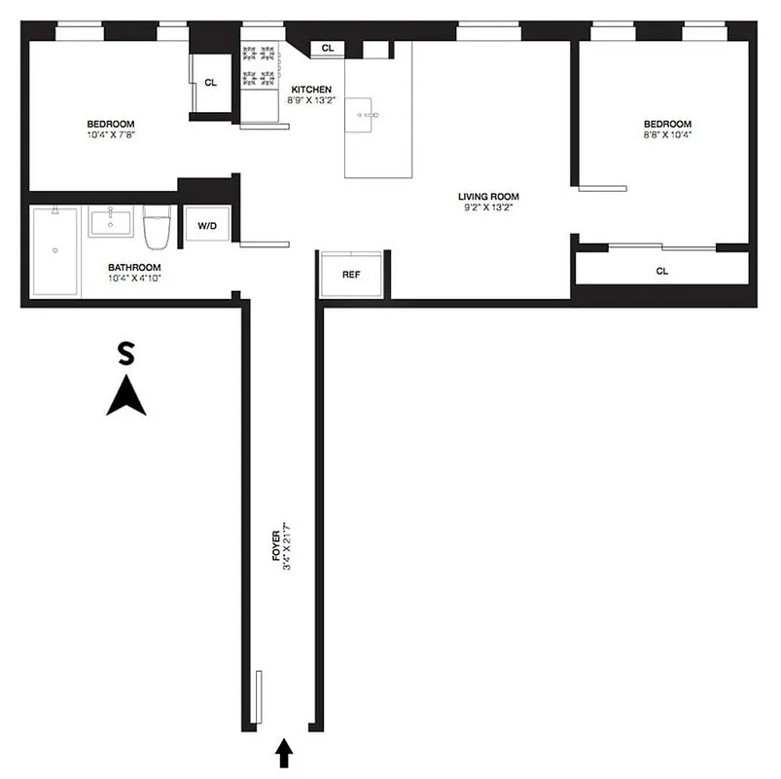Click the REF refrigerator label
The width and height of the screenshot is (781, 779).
click(x=351, y=275)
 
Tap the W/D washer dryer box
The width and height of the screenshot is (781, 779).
click(x=207, y=226)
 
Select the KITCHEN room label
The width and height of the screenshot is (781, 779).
click(x=311, y=89)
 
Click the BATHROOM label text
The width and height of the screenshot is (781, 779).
click(x=134, y=268)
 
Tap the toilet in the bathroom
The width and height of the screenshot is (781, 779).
click(x=157, y=226)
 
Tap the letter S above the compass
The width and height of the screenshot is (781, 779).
click(x=124, y=353)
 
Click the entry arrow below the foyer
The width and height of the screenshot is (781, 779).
click(x=284, y=752)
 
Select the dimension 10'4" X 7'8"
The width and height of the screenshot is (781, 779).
click(x=111, y=135)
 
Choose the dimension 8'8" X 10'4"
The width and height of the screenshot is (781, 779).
click(x=667, y=135)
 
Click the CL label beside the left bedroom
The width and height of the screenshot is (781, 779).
click(x=210, y=82)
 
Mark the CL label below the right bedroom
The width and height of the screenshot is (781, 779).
click(x=662, y=271)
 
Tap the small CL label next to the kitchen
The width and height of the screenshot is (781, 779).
click(x=327, y=48)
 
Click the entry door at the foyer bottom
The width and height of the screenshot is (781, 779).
click(x=255, y=696)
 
